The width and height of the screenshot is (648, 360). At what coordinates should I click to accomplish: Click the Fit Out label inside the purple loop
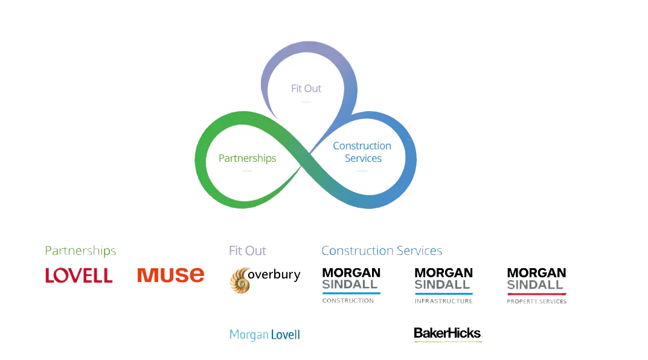click(306, 88)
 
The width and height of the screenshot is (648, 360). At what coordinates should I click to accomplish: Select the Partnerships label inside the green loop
click(247, 158)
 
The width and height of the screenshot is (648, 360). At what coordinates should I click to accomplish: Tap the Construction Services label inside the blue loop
click(362, 152)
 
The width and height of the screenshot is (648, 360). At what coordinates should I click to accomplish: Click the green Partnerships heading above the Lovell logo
click(80, 251)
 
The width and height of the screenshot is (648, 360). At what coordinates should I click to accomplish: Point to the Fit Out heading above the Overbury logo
click(248, 251)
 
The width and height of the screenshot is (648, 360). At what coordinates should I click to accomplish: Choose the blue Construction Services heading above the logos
click(382, 251)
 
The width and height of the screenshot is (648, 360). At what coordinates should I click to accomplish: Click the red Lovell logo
click(79, 275)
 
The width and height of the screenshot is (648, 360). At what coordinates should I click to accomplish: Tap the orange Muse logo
click(170, 275)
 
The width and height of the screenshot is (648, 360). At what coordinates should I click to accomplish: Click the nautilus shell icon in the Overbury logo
click(239, 281)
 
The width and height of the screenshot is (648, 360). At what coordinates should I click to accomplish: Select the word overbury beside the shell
click(274, 276)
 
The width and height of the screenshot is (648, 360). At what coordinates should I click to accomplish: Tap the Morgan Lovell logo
click(265, 335)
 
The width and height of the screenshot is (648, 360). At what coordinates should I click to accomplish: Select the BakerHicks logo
click(446, 333)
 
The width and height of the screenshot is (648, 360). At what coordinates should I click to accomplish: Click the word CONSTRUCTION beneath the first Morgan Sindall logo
click(348, 301)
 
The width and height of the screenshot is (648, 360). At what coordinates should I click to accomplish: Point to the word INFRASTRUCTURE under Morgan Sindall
click(444, 301)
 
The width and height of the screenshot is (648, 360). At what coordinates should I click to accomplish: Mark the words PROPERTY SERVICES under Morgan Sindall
click(537, 301)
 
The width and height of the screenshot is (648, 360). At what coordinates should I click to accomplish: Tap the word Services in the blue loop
click(363, 158)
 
